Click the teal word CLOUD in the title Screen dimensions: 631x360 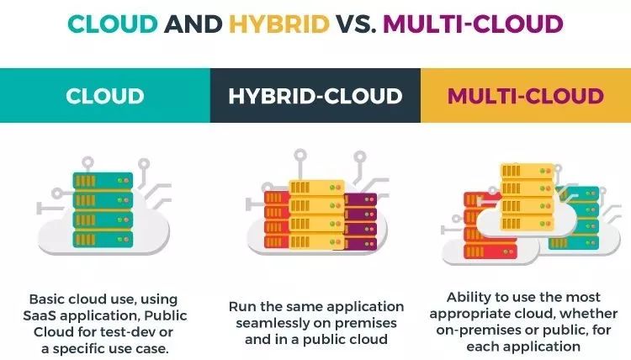112,24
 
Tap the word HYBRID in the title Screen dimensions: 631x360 279,24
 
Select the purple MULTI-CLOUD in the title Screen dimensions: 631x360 473,24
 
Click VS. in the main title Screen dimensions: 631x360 357,24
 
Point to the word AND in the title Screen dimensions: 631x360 194,24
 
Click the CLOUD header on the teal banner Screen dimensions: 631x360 105,96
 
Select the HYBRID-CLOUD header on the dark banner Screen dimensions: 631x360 315,96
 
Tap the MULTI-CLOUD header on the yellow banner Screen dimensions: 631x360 526,96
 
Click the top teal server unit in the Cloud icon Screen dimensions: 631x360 103,181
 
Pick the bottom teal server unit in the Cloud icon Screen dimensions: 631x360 103,239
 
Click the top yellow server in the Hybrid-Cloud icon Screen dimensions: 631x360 316,188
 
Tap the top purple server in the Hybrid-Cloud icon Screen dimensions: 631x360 361,199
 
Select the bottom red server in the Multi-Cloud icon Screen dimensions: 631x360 490,251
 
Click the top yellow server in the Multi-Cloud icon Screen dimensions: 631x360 528,171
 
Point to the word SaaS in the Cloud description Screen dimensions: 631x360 39,315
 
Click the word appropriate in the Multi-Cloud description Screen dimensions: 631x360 470,314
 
